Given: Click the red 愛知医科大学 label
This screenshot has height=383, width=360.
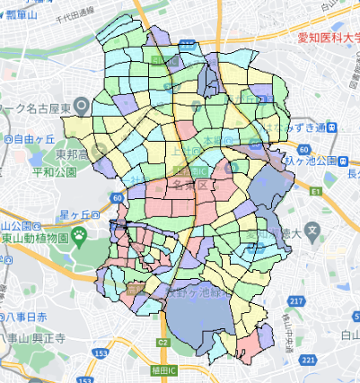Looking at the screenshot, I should coord(329,39).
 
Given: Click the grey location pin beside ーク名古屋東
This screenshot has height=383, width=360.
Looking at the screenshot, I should coord(83,105).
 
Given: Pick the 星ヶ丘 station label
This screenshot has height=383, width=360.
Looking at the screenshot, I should coord(79,215).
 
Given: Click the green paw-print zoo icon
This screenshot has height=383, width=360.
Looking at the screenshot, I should coord(79,237).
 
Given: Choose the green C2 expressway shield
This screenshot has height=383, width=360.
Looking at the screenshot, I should coord(162,342).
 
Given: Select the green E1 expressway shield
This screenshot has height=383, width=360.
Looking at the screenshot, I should coord(316,192).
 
